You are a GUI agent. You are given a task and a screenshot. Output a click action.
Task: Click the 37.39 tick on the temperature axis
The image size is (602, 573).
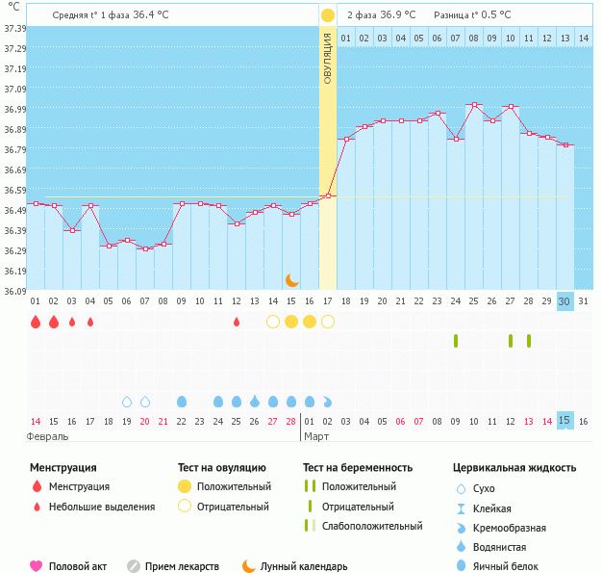tap(13, 29)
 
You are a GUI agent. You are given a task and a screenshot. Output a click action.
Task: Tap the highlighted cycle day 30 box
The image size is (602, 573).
tap(565, 300)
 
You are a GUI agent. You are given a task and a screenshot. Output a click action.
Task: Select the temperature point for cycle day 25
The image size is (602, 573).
tap(474, 104)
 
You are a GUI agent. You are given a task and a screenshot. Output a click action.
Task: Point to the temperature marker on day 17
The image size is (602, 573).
tap(327, 195)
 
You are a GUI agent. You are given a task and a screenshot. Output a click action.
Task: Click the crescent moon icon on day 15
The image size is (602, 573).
tap(292, 280)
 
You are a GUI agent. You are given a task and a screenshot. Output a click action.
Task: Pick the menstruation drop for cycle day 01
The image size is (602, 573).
tap(36, 322)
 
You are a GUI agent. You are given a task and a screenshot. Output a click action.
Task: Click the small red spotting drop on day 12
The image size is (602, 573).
tap(237, 322)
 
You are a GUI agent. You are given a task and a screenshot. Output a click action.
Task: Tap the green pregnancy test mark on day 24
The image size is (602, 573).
tap(456, 341)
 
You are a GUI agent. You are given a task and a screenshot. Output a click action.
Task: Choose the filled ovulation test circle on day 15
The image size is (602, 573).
tap(291, 322)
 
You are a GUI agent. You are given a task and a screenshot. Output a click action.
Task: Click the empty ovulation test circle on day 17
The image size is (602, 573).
tap(327, 322)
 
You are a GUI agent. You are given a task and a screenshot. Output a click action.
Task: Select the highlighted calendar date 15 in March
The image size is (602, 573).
tap(565, 421)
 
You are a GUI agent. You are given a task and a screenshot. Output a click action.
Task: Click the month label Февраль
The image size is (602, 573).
tap(47, 437)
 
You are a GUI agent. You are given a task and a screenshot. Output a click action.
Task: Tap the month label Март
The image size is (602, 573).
tap(317, 437)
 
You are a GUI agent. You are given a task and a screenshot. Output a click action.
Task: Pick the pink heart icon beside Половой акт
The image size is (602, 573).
tap(37, 566)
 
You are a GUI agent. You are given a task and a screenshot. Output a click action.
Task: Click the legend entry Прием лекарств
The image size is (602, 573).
tap(182, 567)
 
